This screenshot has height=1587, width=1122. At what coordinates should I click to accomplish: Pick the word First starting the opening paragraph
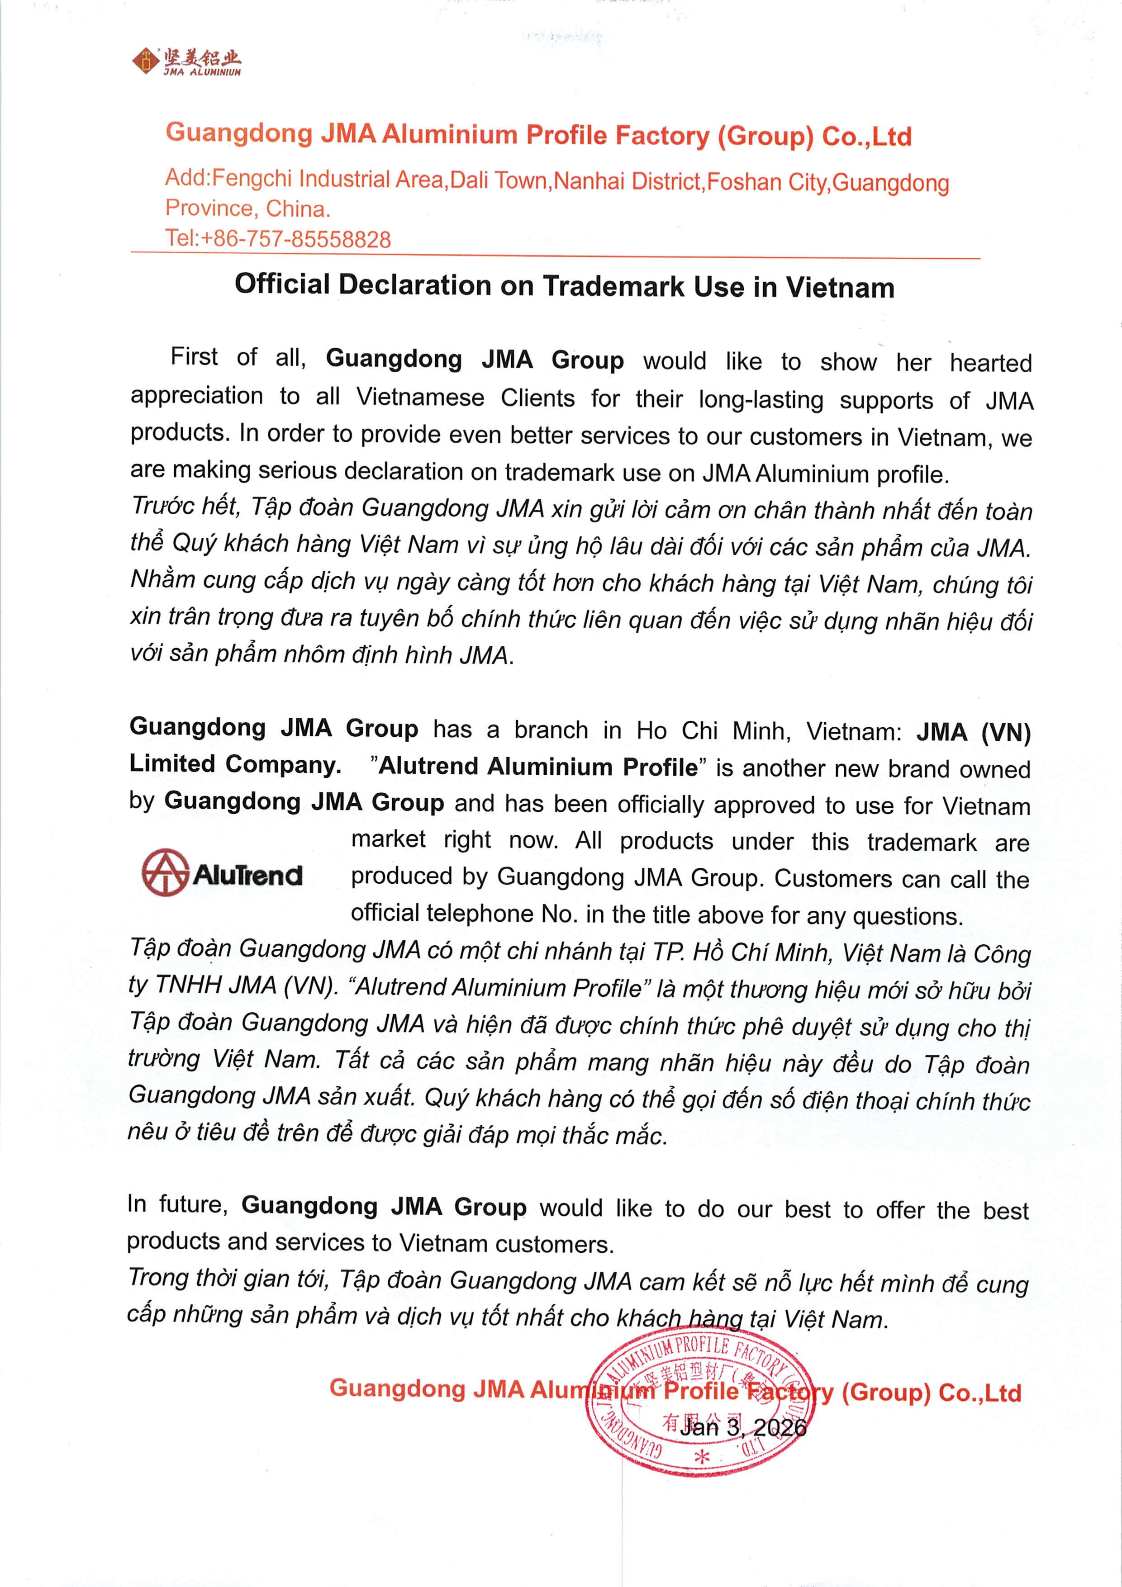[194, 357]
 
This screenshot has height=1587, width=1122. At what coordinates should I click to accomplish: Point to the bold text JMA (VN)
[973, 732]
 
